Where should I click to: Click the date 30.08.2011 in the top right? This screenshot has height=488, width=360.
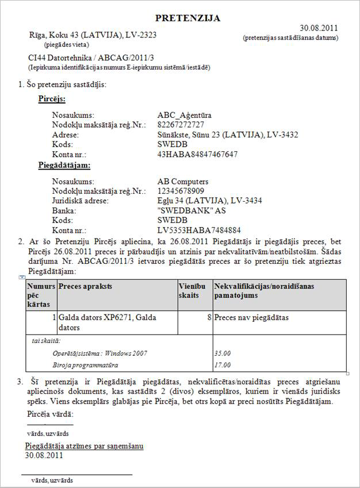coord(319,28)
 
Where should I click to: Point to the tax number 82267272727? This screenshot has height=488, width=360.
coord(181,125)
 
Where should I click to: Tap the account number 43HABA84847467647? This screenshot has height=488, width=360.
coord(197,154)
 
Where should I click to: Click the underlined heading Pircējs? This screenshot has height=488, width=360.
coord(51,99)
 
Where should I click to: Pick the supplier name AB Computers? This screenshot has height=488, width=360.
coord(183,181)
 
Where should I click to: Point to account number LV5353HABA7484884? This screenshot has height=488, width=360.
coord(198,230)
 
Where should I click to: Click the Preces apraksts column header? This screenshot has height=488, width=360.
coord(85,286)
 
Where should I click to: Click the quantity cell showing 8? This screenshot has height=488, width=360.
coord(207,317)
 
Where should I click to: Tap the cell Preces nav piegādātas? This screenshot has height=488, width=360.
coord(251,317)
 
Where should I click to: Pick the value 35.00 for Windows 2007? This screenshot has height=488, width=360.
coord(222,353)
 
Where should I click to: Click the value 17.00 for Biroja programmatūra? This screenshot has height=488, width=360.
coord(222,364)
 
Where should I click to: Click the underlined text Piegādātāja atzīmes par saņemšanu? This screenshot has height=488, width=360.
coord(84,445)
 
